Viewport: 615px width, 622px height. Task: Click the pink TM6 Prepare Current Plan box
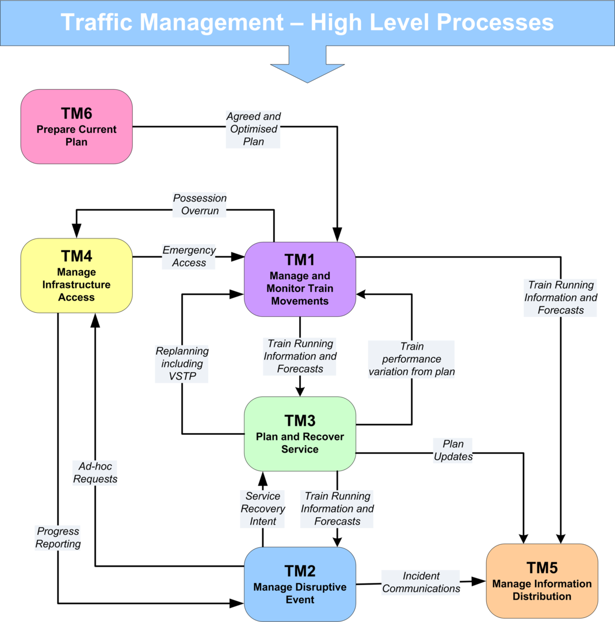point(77,127)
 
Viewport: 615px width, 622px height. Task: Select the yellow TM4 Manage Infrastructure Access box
point(77,276)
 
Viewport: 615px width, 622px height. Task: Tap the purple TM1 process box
point(300,279)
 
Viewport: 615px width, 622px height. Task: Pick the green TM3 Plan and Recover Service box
point(300,434)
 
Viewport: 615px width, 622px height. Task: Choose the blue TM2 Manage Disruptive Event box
point(300,584)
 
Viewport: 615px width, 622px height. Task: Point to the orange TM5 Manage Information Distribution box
point(542,581)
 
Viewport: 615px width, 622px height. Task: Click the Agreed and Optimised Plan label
point(254,129)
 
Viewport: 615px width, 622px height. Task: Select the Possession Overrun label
point(200,204)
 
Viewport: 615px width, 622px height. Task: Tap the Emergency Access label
point(189,256)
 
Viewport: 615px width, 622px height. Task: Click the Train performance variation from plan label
point(412,359)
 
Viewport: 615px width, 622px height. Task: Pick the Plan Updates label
point(453,450)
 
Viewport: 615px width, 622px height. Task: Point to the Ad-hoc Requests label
point(96,472)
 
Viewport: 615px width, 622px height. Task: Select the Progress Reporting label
point(58,537)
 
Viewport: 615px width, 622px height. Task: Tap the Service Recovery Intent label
point(263,509)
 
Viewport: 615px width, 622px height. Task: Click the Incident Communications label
point(421,582)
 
